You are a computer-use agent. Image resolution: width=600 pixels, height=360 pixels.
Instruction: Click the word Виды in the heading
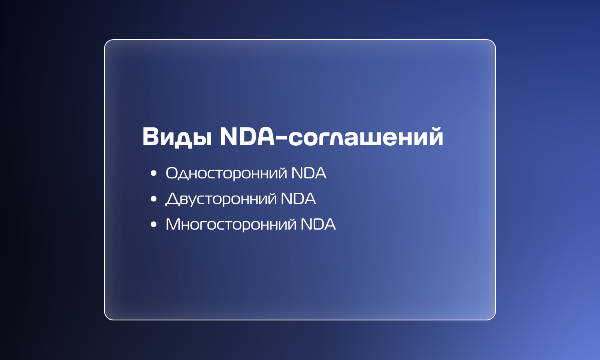[177, 137]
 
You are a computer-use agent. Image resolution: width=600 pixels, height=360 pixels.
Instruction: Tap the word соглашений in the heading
[366, 137]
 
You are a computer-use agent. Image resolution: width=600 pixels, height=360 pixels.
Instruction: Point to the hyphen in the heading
[281, 138]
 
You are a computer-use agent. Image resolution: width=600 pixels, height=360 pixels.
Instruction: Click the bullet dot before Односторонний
[154, 173]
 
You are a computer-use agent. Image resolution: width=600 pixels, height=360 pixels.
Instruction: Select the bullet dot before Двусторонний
[154, 199]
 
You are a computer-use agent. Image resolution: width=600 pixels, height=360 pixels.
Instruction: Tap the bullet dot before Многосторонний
[154, 224]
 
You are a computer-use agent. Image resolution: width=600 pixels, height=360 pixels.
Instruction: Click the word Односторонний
[226, 173]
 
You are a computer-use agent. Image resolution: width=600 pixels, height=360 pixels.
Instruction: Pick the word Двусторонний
[221, 199]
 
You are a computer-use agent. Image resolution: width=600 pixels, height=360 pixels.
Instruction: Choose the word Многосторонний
[231, 224]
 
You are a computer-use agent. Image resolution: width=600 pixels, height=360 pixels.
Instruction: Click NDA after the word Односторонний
[308, 173]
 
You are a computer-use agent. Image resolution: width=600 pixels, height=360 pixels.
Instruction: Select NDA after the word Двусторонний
[298, 199]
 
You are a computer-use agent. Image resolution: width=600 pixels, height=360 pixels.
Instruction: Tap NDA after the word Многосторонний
[318, 224]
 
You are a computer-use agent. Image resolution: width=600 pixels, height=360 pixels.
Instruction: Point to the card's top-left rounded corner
[107, 42]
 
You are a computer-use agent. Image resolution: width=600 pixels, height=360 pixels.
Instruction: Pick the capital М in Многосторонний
[174, 224]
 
